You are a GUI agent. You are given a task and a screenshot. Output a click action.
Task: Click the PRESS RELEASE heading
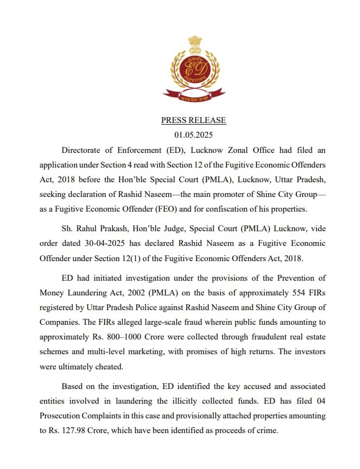click(x=193, y=120)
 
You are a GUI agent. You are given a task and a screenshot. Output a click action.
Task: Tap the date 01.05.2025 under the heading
click(x=193, y=134)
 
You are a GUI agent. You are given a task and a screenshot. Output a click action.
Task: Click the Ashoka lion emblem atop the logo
click(x=194, y=43)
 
